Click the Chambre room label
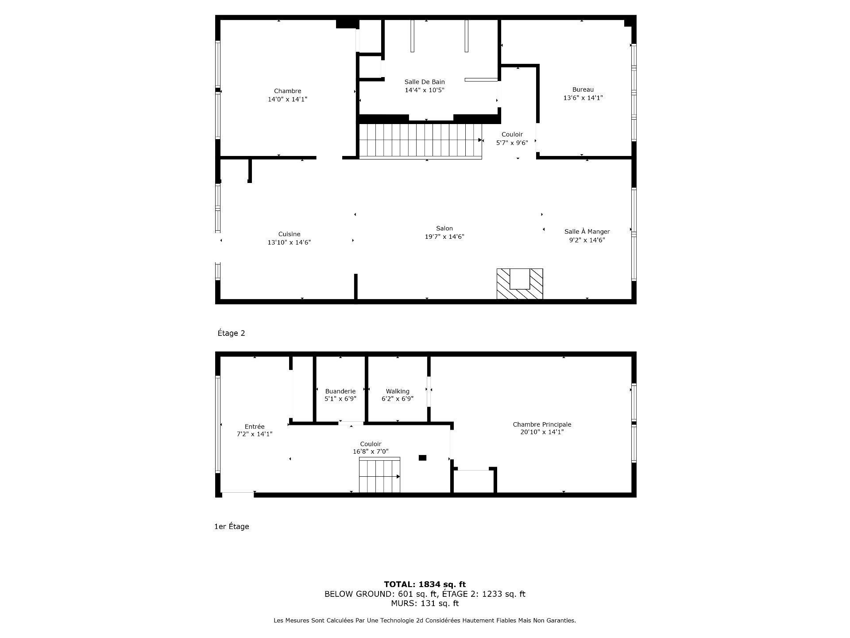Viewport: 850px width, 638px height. [x=287, y=91]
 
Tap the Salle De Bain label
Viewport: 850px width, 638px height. [x=425, y=82]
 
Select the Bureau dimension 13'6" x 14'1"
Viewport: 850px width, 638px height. [x=583, y=98]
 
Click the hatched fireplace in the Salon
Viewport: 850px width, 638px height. [x=519, y=284]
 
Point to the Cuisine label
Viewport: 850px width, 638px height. [x=289, y=234]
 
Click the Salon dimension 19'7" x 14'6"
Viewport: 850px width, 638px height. [x=444, y=237]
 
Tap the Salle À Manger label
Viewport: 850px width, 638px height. [x=587, y=232]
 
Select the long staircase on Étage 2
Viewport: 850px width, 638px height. [x=420, y=140]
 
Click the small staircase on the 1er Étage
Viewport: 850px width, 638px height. [x=379, y=475]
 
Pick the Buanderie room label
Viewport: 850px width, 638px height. [x=340, y=391]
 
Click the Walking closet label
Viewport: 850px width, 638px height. [x=397, y=391]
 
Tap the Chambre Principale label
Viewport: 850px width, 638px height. [x=542, y=424]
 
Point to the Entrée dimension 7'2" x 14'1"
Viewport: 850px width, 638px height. [x=255, y=434]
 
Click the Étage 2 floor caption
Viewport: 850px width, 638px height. [x=231, y=333]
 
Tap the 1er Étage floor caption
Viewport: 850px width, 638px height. [x=232, y=526]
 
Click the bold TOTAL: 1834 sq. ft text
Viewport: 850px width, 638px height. [x=425, y=584]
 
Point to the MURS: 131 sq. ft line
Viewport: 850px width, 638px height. [x=425, y=603]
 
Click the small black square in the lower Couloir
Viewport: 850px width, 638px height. [x=422, y=458]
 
